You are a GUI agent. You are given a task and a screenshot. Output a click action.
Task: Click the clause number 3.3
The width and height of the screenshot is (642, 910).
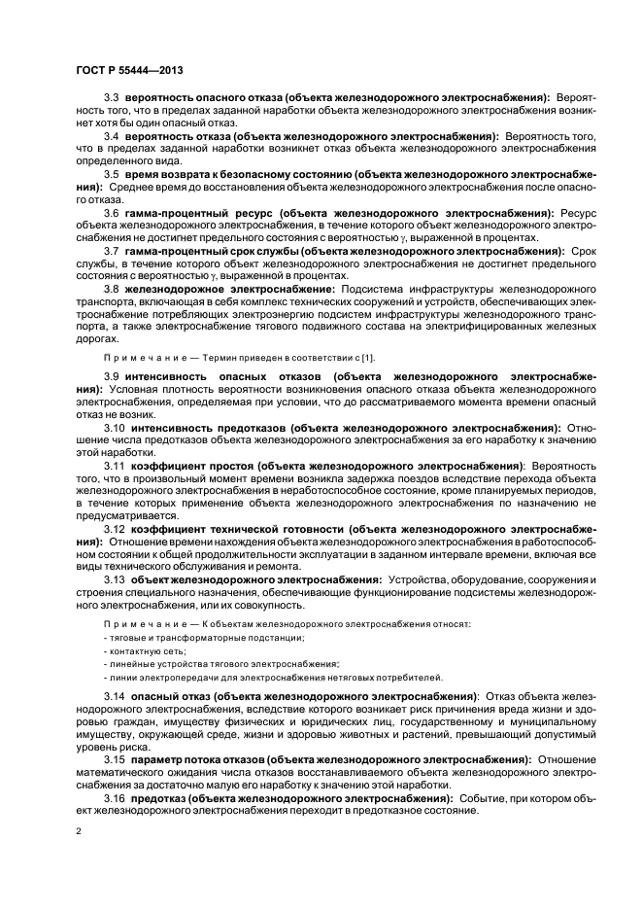point(111,98)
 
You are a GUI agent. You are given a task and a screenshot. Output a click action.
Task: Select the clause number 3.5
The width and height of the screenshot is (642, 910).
point(111,173)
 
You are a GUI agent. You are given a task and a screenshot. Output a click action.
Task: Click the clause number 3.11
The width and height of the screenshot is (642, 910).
point(114,466)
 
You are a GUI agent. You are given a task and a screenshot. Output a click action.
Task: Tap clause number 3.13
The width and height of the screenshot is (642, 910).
point(114,579)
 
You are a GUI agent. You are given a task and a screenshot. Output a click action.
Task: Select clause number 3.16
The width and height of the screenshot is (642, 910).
point(114,797)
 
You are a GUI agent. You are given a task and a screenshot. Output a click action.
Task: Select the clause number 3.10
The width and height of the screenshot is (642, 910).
point(114,426)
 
